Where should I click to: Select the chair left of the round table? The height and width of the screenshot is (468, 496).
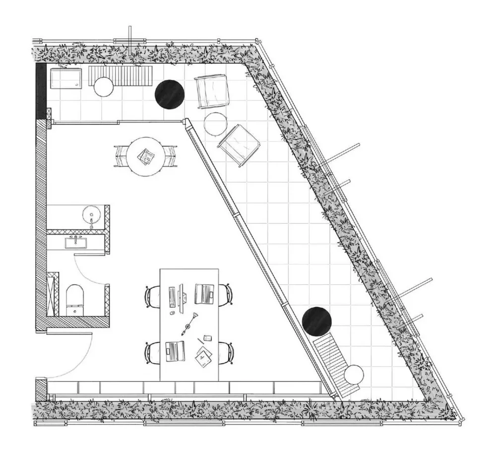point(120,156)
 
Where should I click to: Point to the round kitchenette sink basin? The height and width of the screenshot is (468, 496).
point(91,216)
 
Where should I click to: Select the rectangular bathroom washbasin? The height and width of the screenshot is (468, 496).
point(76,242)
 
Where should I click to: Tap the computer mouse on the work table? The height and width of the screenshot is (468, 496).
point(172,314)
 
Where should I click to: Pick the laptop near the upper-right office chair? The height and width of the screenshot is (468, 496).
point(204,293)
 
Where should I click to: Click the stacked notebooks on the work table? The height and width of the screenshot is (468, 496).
point(203,356)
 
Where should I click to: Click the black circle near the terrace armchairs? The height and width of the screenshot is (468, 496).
point(170,93)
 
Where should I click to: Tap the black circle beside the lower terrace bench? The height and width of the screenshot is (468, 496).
point(316,321)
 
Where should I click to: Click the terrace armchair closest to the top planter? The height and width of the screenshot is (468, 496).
point(212,90)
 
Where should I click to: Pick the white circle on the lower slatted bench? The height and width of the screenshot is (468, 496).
point(354,374)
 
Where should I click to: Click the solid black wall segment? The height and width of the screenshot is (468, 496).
point(41,90)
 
